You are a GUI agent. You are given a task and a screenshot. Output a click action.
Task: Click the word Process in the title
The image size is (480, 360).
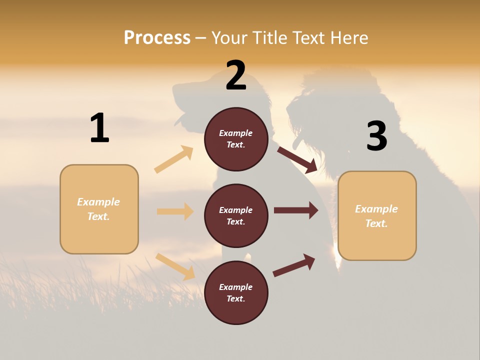click(157, 38)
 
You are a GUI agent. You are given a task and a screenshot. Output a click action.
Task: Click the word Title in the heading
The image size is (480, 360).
click(270, 38)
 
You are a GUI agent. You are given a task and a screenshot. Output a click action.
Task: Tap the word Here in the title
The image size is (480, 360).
click(346, 38)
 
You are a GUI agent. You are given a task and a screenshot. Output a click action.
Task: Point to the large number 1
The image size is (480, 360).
click(99, 128)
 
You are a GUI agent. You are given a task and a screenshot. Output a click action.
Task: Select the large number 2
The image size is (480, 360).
click(236, 75)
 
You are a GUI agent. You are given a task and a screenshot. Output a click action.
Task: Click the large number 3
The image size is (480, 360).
click(376, 136)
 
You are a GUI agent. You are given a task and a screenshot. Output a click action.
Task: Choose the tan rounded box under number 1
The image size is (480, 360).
click(99, 209)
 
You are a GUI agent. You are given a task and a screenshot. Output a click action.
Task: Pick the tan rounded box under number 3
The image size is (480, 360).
click(377, 216)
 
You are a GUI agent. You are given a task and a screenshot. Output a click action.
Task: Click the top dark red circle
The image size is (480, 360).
click(236, 139)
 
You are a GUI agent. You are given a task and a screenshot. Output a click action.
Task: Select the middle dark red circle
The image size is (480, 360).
click(236, 216)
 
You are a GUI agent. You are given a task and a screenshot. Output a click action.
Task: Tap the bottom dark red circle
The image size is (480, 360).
click(236, 293)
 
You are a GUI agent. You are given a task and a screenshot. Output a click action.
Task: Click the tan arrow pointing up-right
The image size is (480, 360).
click(174, 159)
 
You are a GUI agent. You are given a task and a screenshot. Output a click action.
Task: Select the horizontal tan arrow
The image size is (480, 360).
click(175, 211)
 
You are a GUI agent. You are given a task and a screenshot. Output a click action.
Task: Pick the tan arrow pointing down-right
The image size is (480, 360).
click(175, 266)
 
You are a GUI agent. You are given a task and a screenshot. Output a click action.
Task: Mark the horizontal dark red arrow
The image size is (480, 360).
click(296, 210)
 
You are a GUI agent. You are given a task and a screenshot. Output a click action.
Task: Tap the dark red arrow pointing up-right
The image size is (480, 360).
click(294, 265)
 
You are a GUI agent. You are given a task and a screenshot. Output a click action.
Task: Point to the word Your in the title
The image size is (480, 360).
click(230, 38)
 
